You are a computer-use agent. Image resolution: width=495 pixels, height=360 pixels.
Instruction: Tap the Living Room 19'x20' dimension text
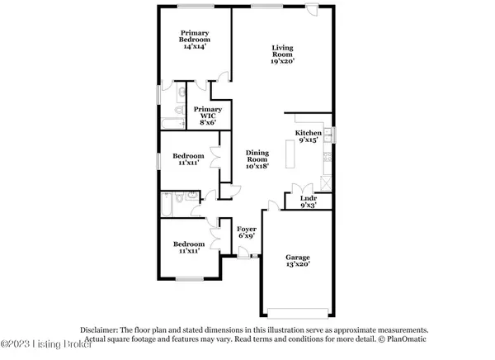point(283,62)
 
